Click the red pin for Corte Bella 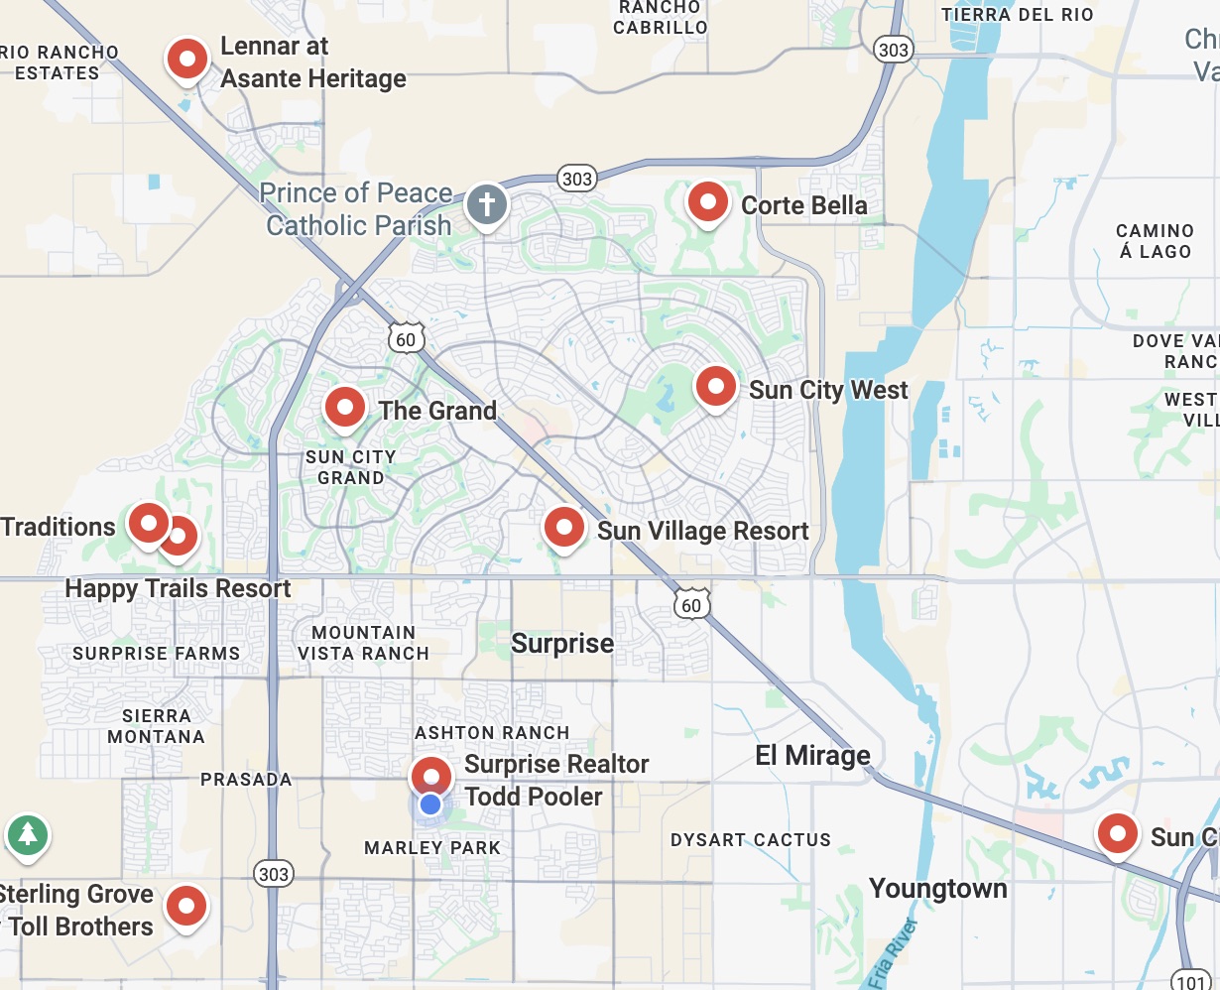[708, 202]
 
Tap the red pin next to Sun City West [715, 387]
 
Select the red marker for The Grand [345, 407]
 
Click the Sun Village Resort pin [564, 527]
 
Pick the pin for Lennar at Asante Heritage [187, 60]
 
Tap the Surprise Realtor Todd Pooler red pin [431, 775]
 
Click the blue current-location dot [429, 804]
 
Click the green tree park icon [28, 834]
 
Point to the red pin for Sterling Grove [185, 906]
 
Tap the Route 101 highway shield [1189, 979]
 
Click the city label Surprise [562, 644]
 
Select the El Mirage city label [812, 756]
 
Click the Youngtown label [937, 889]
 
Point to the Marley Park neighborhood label [432, 848]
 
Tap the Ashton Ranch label [492, 733]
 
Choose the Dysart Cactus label [750, 840]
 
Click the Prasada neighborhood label [246, 780]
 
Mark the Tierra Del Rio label [1017, 14]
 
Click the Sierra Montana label [156, 726]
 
